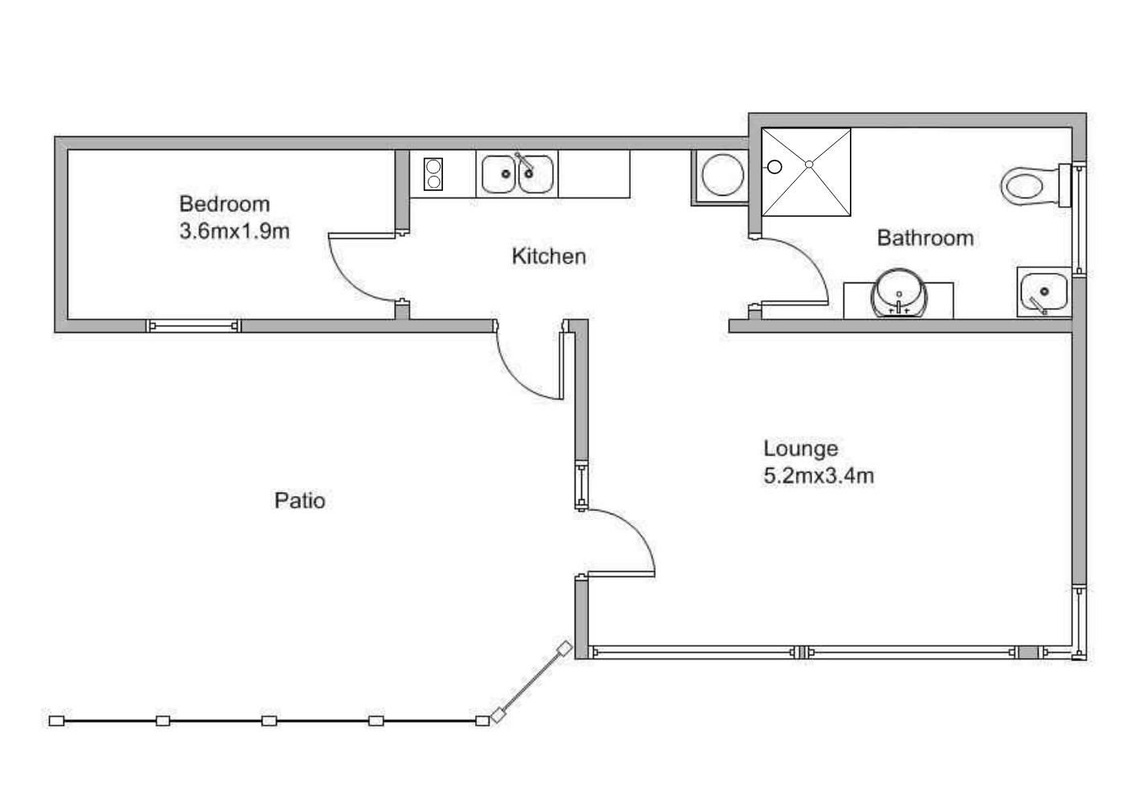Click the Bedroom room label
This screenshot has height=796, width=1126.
(x=225, y=204)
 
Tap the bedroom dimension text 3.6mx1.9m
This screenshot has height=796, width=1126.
(x=234, y=231)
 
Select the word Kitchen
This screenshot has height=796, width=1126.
(x=549, y=256)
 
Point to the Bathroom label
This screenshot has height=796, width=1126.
(x=925, y=238)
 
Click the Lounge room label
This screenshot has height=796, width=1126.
(x=801, y=449)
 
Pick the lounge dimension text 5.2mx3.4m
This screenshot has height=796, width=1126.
(x=819, y=475)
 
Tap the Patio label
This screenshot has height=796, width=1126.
(x=299, y=501)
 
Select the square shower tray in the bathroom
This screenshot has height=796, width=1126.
(x=807, y=173)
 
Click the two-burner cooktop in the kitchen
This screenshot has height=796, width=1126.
(x=433, y=174)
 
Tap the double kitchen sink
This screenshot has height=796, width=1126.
(x=518, y=174)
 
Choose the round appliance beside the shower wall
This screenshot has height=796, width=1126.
(x=722, y=175)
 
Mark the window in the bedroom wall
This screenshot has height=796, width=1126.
(x=193, y=326)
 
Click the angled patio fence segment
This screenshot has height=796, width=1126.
(x=531, y=682)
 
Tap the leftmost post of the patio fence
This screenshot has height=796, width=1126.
(x=57, y=721)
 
